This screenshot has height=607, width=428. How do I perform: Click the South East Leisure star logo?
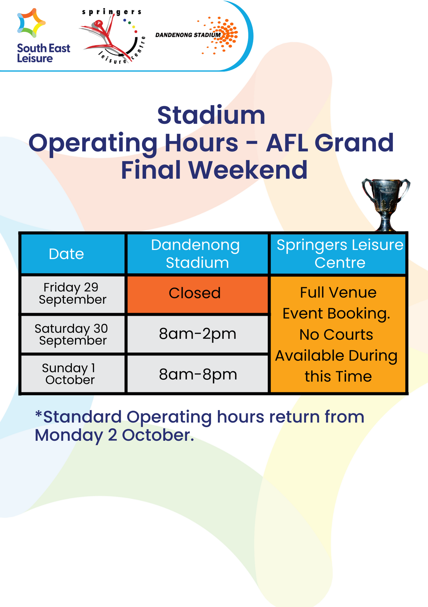click(x=31, y=23)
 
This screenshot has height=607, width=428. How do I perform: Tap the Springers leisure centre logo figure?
click(x=103, y=36)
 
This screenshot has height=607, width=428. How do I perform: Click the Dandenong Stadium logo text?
click(x=188, y=35)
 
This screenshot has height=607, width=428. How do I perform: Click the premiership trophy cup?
click(x=385, y=203)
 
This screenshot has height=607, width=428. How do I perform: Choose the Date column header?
click(x=67, y=254)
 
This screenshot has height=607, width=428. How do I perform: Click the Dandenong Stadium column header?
click(x=197, y=254)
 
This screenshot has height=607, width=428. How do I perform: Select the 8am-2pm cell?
click(x=197, y=334)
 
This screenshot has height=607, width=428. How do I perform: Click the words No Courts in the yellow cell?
click(x=336, y=335)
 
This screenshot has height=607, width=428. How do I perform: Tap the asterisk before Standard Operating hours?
click(x=39, y=413)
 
